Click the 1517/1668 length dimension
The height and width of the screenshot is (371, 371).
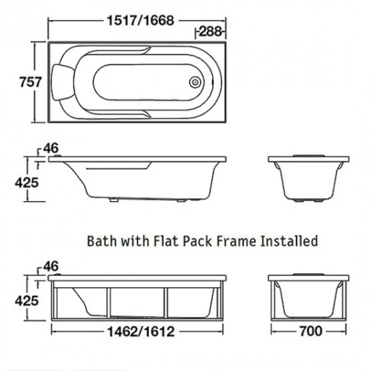tap(140, 20)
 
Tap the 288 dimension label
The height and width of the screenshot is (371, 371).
tap(209, 32)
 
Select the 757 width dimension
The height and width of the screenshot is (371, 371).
tap(31, 82)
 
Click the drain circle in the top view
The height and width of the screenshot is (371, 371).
tap(195, 82)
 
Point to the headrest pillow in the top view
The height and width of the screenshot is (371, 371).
tap(62, 82)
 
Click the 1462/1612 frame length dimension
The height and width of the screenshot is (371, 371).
tap(142, 332)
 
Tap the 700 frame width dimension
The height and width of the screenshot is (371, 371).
tap(311, 331)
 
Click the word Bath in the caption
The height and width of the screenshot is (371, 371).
tap(102, 241)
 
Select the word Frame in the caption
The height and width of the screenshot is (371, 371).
tap(235, 241)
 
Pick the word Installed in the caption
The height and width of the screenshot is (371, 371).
tap(289, 241)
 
